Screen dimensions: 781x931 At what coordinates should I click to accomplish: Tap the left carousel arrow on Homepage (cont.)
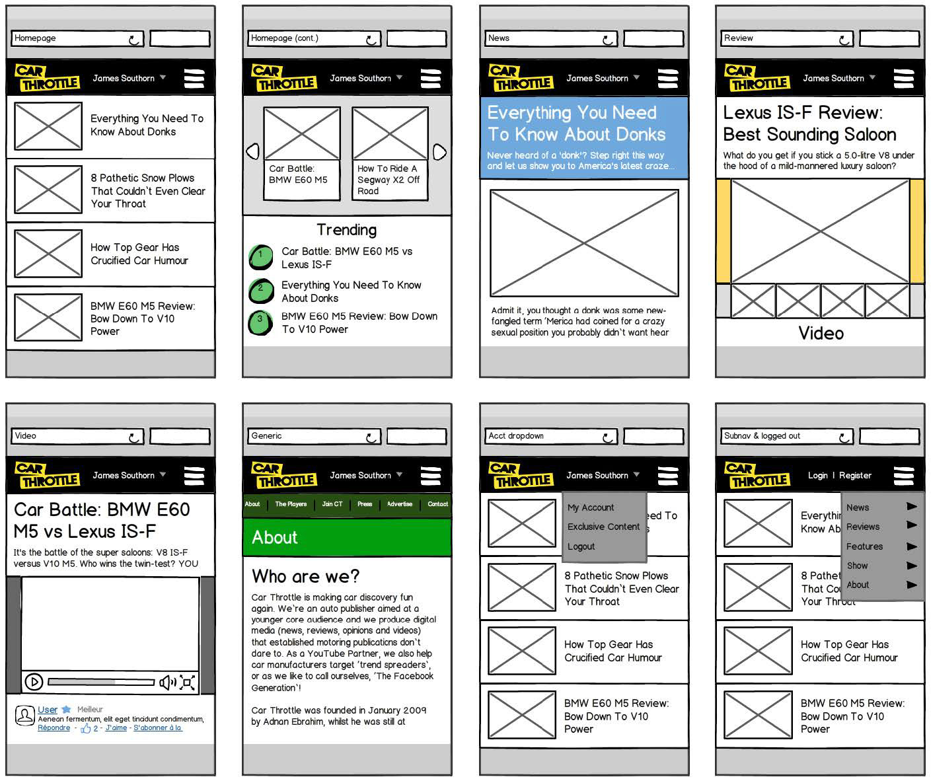coord(252,152)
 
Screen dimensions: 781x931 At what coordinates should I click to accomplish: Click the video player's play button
coord(34,682)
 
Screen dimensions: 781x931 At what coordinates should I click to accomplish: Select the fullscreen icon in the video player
coord(188,682)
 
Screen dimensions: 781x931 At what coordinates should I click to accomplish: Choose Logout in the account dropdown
coord(581,546)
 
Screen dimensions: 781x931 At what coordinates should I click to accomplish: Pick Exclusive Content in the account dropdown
coord(603,527)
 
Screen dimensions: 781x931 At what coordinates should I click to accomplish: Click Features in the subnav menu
coord(864,546)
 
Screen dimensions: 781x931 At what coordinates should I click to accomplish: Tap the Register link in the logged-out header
coord(855,475)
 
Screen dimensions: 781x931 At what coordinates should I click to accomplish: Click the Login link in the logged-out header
coord(817,475)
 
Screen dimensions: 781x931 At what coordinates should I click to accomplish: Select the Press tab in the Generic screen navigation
coord(365,504)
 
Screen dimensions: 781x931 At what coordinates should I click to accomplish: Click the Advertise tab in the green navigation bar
coord(399,504)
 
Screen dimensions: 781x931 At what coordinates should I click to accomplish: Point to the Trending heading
coord(346,230)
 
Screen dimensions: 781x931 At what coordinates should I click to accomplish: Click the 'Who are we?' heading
coord(305,576)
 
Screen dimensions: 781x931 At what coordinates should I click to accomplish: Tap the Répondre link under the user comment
coord(54,728)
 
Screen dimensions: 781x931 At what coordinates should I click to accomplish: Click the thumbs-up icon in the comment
coord(85,729)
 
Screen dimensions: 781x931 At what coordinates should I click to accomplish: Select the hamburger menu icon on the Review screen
coord(904,78)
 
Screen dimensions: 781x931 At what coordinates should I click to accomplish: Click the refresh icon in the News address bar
coord(608,40)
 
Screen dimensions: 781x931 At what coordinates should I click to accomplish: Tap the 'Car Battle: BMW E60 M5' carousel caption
coord(298,174)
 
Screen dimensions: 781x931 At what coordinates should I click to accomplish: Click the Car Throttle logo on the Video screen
coord(47,474)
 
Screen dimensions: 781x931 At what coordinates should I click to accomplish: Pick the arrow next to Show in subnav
coord(912,566)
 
